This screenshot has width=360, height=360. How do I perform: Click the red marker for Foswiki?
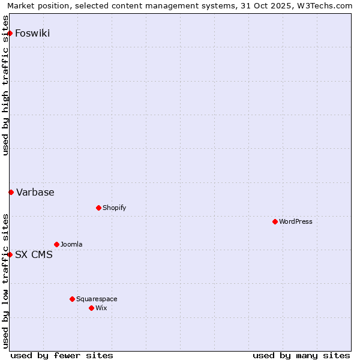coord(10,33)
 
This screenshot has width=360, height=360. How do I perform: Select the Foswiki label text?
coord(32,33)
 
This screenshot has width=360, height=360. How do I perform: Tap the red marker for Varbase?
coord(11,192)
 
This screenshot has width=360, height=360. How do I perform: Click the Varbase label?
coord(35,192)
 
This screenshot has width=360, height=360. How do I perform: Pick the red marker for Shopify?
coord(98,208)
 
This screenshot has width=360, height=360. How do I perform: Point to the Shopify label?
coord(114,208)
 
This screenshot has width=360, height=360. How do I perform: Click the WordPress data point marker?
coord(275,221)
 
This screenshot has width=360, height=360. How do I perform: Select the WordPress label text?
coord(295,221)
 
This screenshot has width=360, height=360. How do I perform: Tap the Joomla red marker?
coord(56,244)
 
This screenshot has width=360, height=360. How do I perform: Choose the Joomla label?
coord(71,244)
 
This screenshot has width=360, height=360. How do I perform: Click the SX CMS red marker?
coord(10,254)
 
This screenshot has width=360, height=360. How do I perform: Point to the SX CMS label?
coord(34,254)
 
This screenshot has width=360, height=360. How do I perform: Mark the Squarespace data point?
coord(72,299)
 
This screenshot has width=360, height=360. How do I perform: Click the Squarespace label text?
coord(97,299)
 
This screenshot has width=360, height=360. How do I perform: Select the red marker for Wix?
coord(91,308)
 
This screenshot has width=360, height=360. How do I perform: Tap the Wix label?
coord(101,308)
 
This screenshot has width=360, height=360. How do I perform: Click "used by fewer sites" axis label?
coord(62,355)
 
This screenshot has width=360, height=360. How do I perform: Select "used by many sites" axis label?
coord(301,355)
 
